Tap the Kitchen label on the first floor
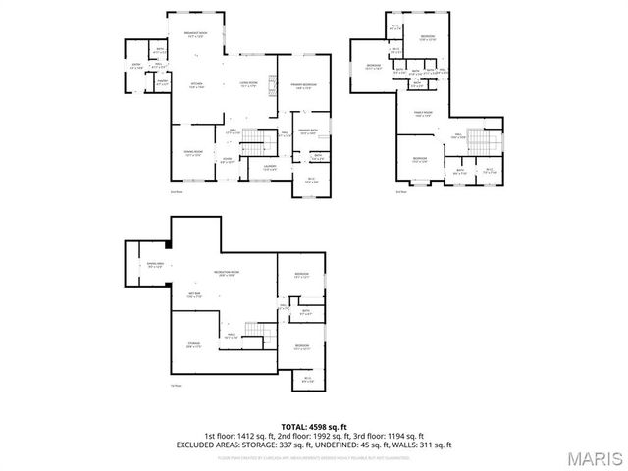tap(195, 86)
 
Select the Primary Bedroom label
tap(302, 87)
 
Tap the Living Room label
tap(250, 85)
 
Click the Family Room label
tap(423, 116)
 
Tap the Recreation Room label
tap(228, 274)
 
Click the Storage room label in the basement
tap(194, 344)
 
